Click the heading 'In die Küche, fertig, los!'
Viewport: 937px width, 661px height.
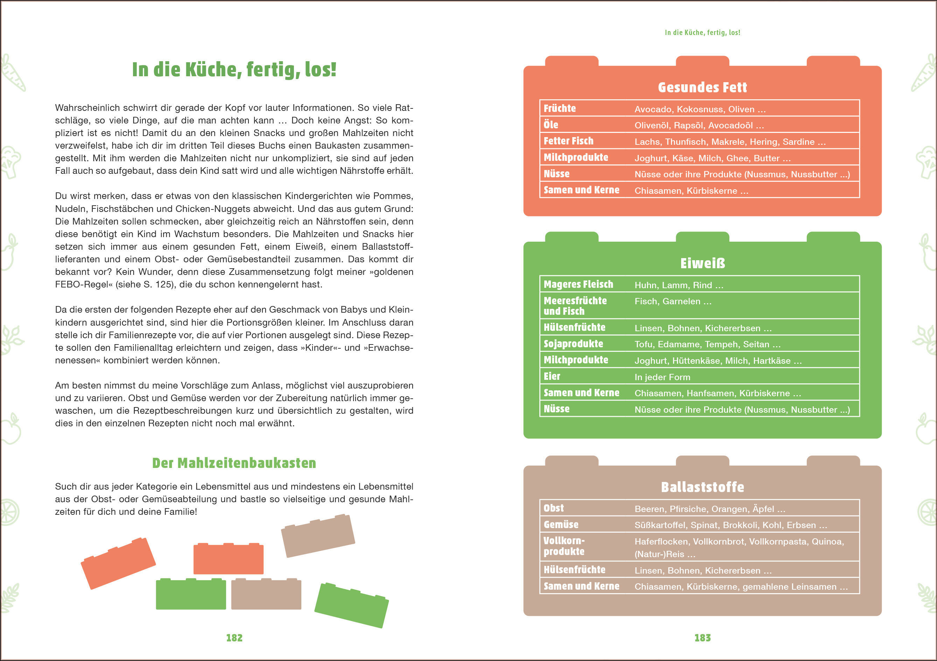tap(234, 69)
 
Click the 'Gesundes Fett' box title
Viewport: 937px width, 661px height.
tap(702, 87)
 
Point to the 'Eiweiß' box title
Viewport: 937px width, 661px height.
tap(702, 263)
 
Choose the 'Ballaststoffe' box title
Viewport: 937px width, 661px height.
tap(702, 487)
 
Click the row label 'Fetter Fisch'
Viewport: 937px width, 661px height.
tap(568, 141)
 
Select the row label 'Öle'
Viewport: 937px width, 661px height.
tap(551, 125)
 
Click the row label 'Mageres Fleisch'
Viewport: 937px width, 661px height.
tap(578, 284)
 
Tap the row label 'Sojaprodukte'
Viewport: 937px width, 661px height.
tap(573, 344)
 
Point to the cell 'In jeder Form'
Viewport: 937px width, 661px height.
tap(662, 377)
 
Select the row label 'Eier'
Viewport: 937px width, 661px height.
tap(552, 376)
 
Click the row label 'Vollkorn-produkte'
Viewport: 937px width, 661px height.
tap(564, 546)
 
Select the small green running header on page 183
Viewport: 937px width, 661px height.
tap(702, 33)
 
